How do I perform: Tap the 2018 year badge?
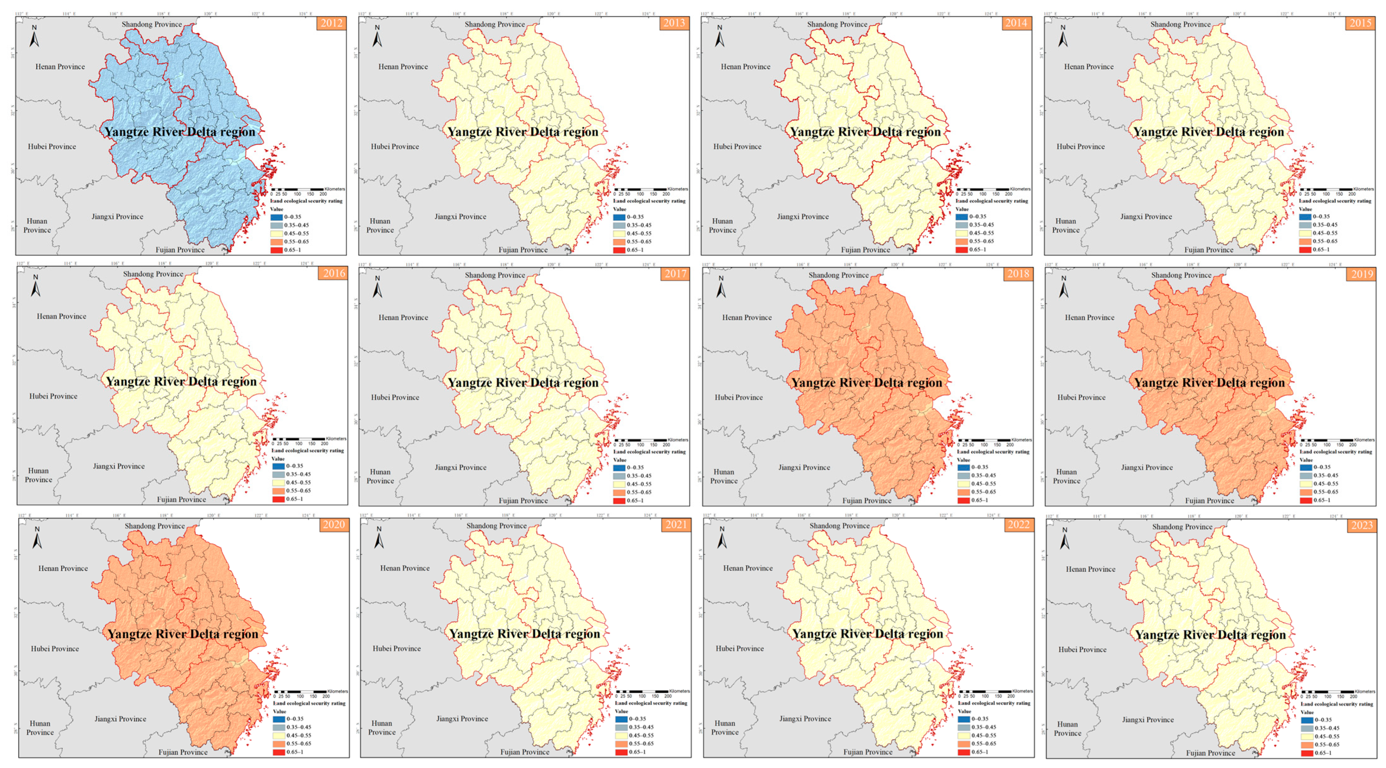point(1018,274)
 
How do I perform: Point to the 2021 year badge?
point(676,524)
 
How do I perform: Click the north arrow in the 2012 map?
point(34,37)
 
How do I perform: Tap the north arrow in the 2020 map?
point(37,538)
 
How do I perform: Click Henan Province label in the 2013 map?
point(403,67)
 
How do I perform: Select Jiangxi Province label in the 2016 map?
point(119,466)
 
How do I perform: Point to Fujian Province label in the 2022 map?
point(867,752)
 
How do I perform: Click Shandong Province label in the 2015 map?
point(1180,24)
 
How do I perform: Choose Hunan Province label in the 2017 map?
point(380,477)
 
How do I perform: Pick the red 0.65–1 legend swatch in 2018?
point(964,500)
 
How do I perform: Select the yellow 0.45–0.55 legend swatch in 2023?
point(1307,736)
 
